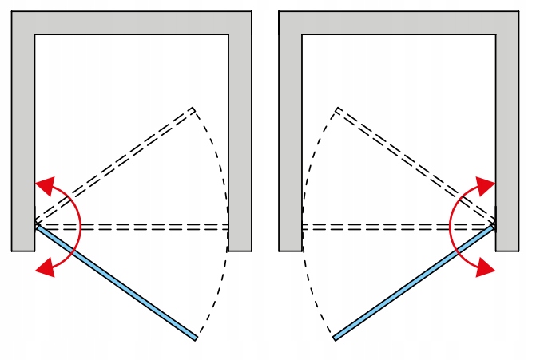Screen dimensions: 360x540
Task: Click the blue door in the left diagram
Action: tap(116, 283)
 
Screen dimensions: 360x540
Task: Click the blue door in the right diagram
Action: tap(414, 283)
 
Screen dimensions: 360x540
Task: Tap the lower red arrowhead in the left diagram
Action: tap(45, 268)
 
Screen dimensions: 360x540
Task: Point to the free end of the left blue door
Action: tap(195, 338)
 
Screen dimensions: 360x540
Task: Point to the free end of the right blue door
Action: tap(336, 338)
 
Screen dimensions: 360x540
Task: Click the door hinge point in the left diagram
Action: tap(36, 227)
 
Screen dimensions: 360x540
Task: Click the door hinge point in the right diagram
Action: tap(494, 227)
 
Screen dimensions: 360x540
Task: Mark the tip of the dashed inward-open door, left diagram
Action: tap(193, 109)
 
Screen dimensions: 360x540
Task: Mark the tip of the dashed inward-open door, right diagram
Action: tap(338, 109)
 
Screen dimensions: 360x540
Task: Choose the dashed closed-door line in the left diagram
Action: tap(132, 227)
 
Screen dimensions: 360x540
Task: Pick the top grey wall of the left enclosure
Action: tap(131, 22)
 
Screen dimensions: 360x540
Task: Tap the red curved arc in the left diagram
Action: tap(80, 227)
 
